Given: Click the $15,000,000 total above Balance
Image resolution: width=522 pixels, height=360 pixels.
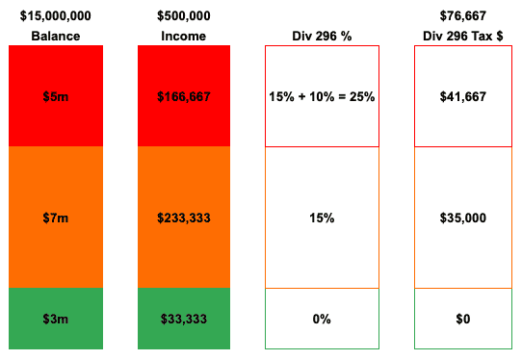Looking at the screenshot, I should tap(55, 16).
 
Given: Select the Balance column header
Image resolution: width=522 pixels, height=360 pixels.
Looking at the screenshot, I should tap(55, 37).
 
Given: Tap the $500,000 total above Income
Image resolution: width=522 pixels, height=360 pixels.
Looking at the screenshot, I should tap(185, 16).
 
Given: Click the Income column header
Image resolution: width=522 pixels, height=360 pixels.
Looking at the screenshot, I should tap(185, 37).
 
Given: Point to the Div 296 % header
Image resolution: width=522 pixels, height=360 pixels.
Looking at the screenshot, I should tap(322, 37).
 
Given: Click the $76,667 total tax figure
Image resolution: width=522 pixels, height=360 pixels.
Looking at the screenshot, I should tap(462, 16).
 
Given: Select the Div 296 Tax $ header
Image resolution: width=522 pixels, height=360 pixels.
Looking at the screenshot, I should tap(462, 37).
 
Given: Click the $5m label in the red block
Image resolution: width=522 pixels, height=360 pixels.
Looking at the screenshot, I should tap(55, 97).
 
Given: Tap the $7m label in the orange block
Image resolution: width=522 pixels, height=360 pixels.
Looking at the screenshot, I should tap(55, 219).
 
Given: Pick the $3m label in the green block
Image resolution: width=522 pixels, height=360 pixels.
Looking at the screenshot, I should tap(55, 319).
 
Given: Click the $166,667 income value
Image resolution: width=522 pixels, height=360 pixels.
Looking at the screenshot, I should tap(185, 97).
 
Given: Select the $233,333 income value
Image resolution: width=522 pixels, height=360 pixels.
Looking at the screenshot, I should tap(185, 219).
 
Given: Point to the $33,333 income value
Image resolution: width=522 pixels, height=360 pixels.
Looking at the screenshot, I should tap(185, 319).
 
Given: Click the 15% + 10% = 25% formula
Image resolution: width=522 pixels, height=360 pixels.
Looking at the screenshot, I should tap(322, 97).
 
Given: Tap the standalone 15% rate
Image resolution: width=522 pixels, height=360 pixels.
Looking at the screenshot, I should tap(322, 219).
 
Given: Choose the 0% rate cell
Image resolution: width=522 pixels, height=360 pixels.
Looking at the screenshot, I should tap(322, 319).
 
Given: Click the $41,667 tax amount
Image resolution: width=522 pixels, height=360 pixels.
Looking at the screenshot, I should tap(462, 97).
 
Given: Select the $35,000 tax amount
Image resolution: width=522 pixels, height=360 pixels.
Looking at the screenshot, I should tap(462, 219).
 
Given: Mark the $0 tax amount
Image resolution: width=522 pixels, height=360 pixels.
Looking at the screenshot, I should tap(462, 319).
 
